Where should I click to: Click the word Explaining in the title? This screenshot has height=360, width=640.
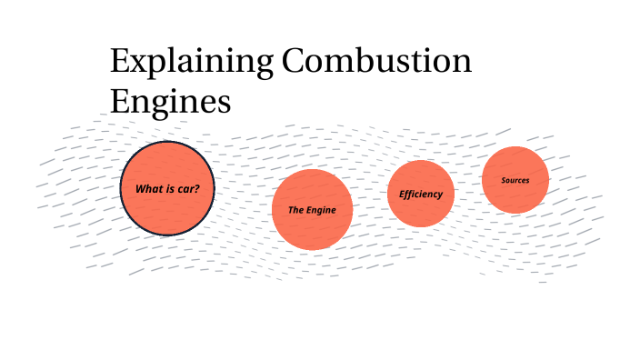point(191,63)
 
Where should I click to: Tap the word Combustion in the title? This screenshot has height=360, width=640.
point(377,63)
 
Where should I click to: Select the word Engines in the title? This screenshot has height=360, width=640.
point(170,100)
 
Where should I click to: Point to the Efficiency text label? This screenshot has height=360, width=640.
point(420,194)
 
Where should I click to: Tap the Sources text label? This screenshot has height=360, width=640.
point(515,180)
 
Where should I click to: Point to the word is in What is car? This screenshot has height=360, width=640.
point(170,189)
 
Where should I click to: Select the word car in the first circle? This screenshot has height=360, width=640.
point(186,189)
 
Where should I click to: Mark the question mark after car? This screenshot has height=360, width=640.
point(197,189)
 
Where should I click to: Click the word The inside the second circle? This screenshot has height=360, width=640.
point(295,210)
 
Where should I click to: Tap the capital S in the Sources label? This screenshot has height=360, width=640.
point(504,180)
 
